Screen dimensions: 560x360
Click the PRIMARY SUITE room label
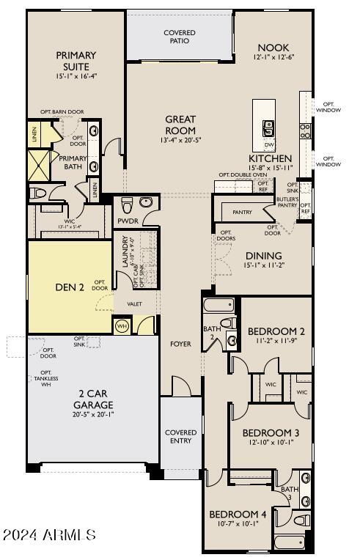[76, 59]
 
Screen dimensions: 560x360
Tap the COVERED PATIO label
[180, 37]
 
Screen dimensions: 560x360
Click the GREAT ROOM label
[180, 125]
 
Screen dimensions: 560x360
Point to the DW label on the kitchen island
[268, 145]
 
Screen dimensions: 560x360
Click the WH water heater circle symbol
[122, 325]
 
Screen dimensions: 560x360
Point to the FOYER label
[180, 343]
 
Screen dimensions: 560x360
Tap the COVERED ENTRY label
[180, 436]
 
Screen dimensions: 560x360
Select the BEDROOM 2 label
[276, 331]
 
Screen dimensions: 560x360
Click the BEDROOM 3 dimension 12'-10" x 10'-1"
[271, 443]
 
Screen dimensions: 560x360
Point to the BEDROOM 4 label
[238, 514]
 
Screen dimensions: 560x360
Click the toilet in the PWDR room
[126, 203]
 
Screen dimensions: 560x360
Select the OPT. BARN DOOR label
[62, 112]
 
